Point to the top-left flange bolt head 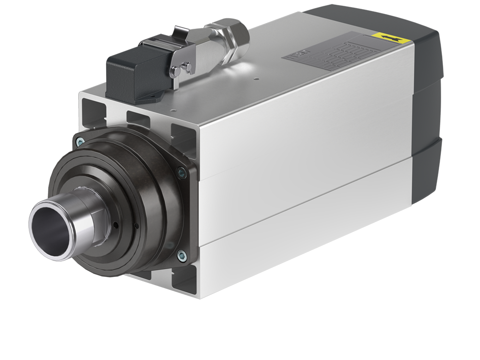[x=80, y=141]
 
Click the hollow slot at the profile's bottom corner [x=184, y=280]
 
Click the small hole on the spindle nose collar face [x=116, y=224]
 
